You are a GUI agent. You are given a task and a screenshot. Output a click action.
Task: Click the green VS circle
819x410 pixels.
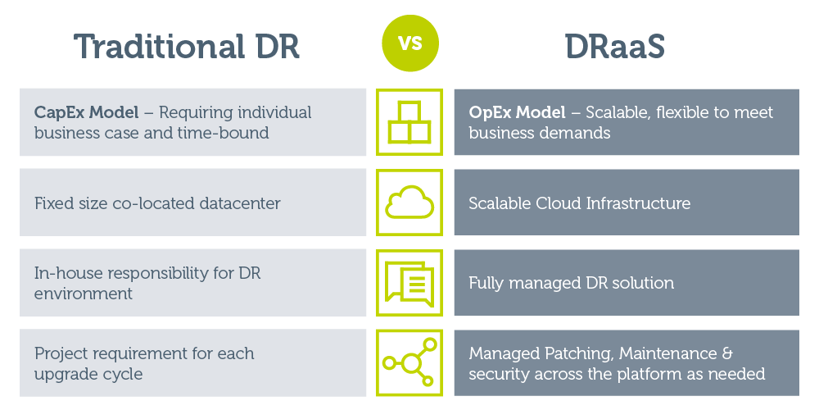tap(410, 43)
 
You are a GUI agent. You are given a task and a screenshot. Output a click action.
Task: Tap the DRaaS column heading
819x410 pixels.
tap(615, 46)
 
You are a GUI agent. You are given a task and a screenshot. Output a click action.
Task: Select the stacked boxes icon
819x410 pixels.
tap(409, 122)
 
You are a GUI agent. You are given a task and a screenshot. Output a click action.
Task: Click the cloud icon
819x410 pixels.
tap(409, 202)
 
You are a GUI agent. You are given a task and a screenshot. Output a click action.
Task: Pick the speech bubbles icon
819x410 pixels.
tap(409, 283)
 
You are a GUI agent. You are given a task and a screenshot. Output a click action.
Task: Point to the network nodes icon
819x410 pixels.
tap(409, 362)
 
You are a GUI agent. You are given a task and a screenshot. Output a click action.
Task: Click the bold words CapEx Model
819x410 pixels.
tap(87, 112)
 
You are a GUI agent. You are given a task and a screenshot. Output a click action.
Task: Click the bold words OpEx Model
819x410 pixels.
tap(517, 112)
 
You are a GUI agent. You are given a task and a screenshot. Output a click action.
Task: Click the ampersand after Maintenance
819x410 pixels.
tap(727, 353)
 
